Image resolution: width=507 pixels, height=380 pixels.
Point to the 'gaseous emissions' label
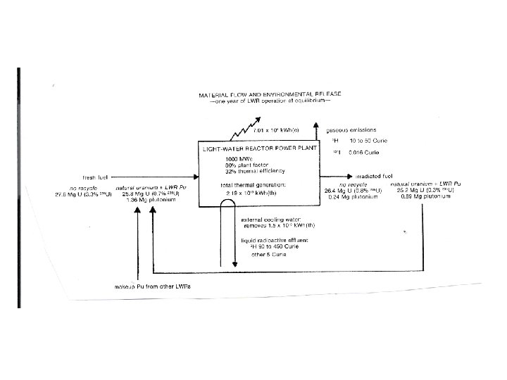coord(352,130)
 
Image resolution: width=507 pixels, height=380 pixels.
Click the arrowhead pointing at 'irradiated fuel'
coord(333,176)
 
